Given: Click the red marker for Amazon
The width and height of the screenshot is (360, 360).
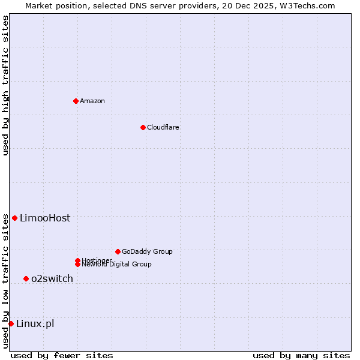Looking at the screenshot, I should [x=76, y=101].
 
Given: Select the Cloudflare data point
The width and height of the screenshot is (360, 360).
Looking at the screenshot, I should [x=143, y=127].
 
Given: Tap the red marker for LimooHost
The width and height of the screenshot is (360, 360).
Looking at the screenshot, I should [x=14, y=218].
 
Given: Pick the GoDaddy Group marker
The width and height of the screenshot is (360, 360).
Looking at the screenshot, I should [x=118, y=251].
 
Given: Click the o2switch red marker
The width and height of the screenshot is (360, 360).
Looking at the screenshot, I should [x=26, y=278].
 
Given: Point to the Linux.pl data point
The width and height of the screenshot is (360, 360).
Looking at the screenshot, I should [x=11, y=324].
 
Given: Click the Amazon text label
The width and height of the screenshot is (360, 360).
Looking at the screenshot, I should [x=92, y=101].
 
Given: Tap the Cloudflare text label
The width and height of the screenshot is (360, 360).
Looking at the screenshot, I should [x=163, y=127].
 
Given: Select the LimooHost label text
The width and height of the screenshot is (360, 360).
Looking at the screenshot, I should [x=45, y=218].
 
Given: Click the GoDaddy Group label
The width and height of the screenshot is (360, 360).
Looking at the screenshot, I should [x=147, y=251].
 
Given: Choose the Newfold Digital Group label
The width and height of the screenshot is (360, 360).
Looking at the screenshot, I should [x=117, y=265].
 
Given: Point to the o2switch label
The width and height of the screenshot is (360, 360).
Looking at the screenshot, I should [x=52, y=278].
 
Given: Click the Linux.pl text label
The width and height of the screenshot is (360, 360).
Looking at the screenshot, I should [x=35, y=324].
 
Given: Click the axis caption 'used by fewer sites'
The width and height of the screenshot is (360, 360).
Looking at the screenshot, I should [x=62, y=355].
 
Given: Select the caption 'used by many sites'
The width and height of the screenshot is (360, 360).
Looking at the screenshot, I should [x=301, y=355].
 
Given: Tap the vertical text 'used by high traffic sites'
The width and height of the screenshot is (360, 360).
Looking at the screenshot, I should [x=5, y=85].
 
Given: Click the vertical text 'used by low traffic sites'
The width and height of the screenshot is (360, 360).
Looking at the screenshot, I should [x=5, y=281].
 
